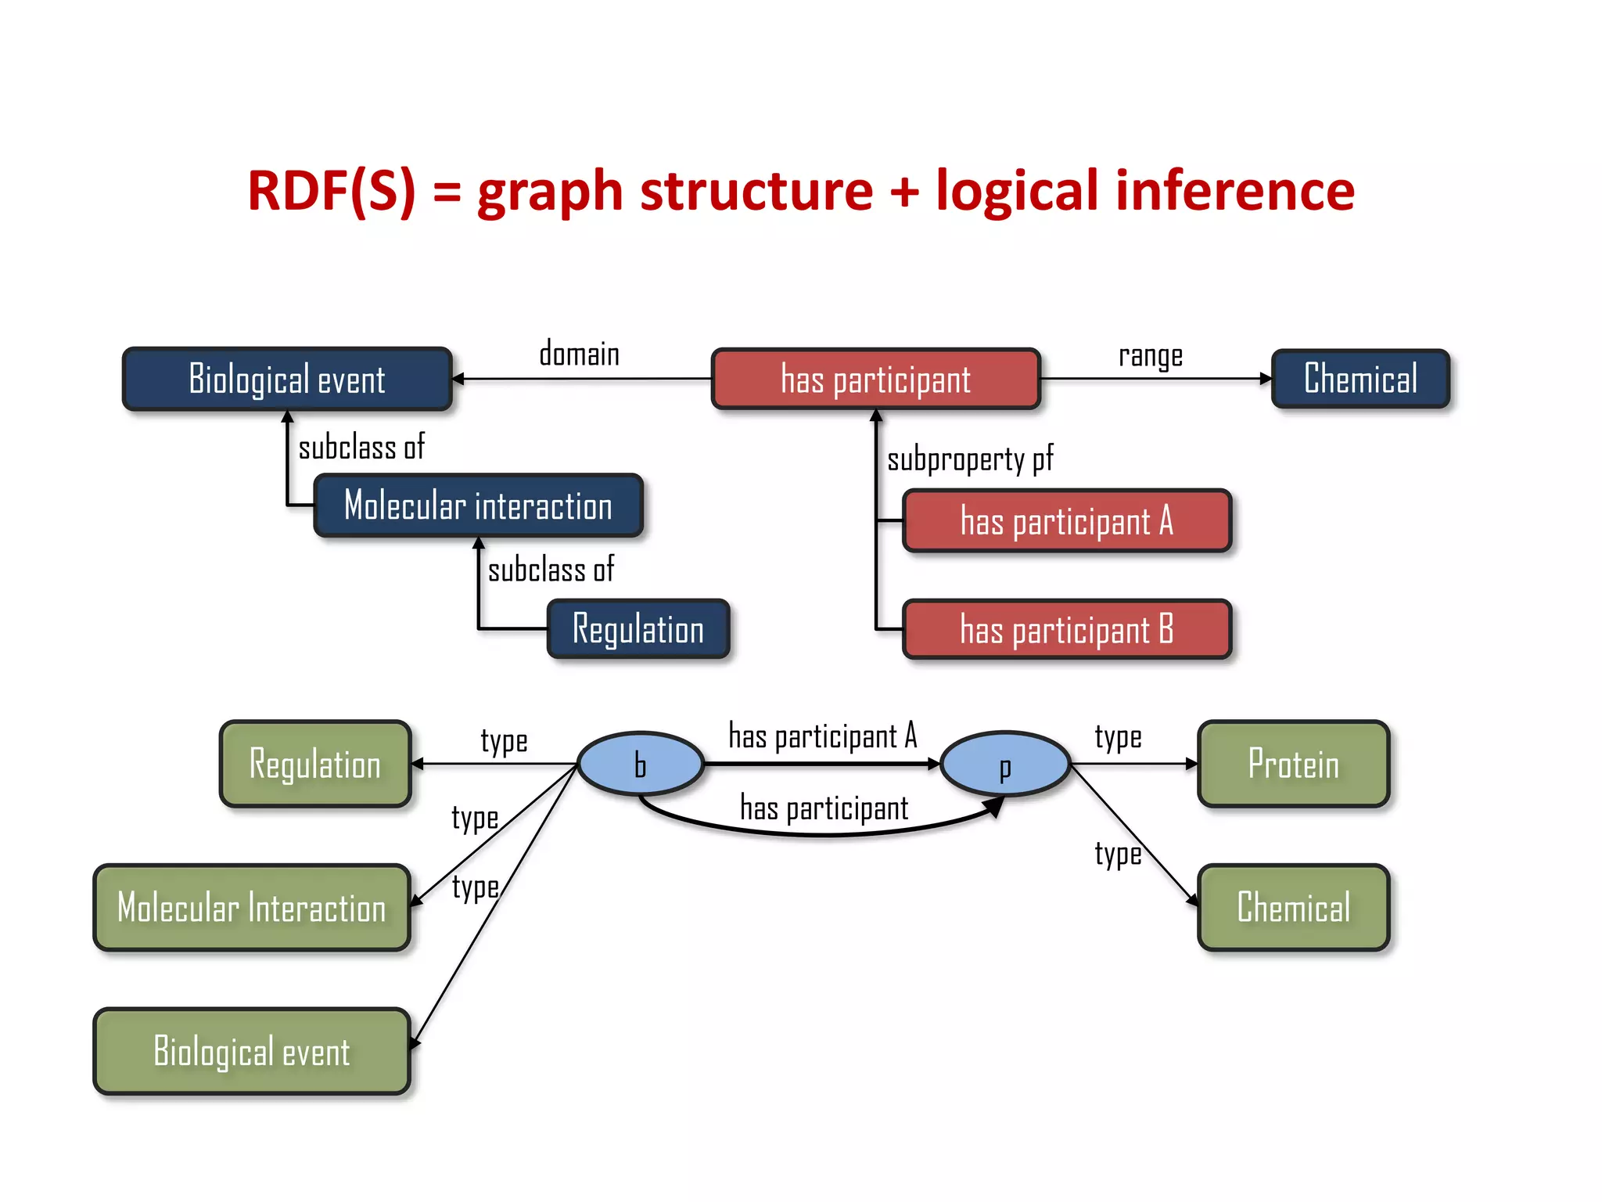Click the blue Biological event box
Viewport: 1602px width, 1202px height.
tap(287, 379)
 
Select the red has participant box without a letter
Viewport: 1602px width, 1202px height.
tap(875, 380)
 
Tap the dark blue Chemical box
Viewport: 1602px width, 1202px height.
tap(1360, 379)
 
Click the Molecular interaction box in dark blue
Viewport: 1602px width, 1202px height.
tap(478, 506)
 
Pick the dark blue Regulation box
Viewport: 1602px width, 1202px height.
tap(638, 629)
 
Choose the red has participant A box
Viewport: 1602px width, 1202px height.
tap(1067, 521)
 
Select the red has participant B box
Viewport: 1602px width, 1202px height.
tap(1067, 629)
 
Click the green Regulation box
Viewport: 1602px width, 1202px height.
tap(315, 764)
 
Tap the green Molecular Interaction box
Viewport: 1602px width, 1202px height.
tap(252, 908)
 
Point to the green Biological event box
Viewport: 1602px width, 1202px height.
tap(252, 1051)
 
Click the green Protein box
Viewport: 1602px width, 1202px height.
tap(1293, 764)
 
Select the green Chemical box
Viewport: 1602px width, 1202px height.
tap(1293, 908)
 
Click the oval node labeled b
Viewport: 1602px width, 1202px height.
tap(641, 765)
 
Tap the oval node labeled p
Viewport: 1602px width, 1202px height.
tap(1005, 765)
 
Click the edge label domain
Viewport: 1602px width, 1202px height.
tap(579, 354)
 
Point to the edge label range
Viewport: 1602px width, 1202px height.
tap(1150, 356)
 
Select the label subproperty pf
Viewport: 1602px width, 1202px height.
tap(970, 459)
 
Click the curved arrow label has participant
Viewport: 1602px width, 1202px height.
tap(824, 808)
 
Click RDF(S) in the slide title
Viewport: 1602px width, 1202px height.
tap(332, 191)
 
